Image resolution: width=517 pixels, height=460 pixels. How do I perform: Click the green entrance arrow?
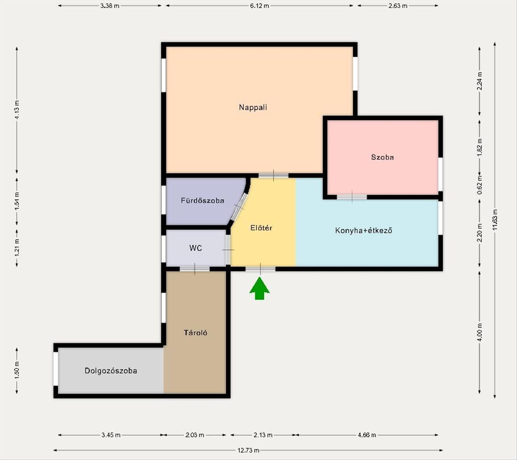click(260, 288)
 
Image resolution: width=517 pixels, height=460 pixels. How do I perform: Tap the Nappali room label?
click(253, 107)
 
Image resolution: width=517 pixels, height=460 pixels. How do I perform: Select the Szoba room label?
click(382, 157)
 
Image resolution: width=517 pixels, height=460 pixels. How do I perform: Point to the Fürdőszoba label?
click(203, 200)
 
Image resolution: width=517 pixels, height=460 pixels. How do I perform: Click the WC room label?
click(195, 248)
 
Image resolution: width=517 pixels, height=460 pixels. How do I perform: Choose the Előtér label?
click(261, 228)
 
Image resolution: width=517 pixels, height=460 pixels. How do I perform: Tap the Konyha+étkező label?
click(364, 230)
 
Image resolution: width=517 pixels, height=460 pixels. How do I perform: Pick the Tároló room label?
click(195, 333)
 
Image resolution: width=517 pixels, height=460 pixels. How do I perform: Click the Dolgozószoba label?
click(111, 371)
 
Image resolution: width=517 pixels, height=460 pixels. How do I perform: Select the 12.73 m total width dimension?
click(248, 450)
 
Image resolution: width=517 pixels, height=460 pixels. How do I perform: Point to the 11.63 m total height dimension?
click(494, 220)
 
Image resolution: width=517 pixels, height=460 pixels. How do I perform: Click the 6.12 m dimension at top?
click(260, 6)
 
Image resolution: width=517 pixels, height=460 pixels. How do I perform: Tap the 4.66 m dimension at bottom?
click(367, 435)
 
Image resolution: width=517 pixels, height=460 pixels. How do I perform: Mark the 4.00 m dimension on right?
click(479, 333)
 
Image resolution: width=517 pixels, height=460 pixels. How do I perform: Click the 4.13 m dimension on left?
click(17, 110)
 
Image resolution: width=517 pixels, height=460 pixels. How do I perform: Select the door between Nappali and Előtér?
click(273, 175)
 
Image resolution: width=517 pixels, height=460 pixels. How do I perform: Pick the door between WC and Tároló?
click(194, 269)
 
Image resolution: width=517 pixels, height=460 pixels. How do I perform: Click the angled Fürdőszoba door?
click(239, 207)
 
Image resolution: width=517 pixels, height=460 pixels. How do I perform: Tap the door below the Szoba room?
click(352, 197)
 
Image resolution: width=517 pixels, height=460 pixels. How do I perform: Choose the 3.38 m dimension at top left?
click(110, 6)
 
